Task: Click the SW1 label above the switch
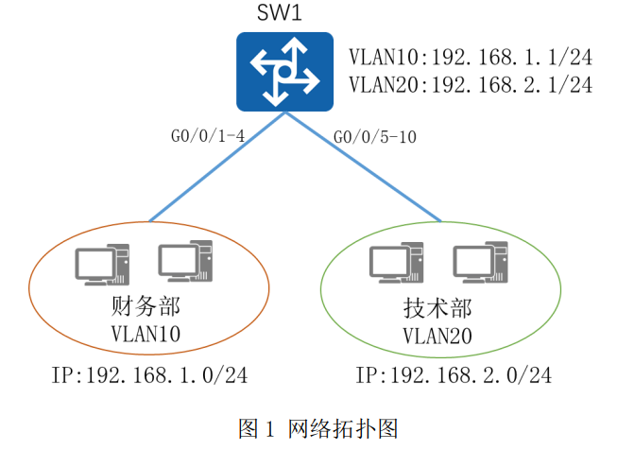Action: [x=280, y=12]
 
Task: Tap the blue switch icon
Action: [x=285, y=72]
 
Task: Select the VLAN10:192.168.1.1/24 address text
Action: [x=471, y=57]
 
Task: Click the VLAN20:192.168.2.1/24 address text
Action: [x=471, y=85]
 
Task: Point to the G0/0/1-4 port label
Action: [x=208, y=136]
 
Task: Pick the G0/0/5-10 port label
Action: [x=374, y=137]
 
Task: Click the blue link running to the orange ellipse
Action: [x=217, y=167]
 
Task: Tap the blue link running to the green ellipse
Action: [x=363, y=167]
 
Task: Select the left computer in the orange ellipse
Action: [x=102, y=265]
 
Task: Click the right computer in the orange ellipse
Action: [x=185, y=261]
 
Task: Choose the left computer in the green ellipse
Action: [x=396, y=263]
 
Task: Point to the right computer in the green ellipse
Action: [x=480, y=263]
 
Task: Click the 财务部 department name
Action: [x=146, y=306]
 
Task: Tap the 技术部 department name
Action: [x=437, y=308]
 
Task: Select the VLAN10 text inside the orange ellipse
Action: [x=146, y=334]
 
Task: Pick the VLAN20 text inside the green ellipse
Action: [x=437, y=337]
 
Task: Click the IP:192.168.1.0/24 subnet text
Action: [x=150, y=375]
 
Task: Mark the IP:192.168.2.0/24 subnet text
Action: [x=454, y=375]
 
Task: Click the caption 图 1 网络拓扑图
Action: [x=317, y=428]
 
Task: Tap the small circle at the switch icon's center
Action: [x=284, y=72]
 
